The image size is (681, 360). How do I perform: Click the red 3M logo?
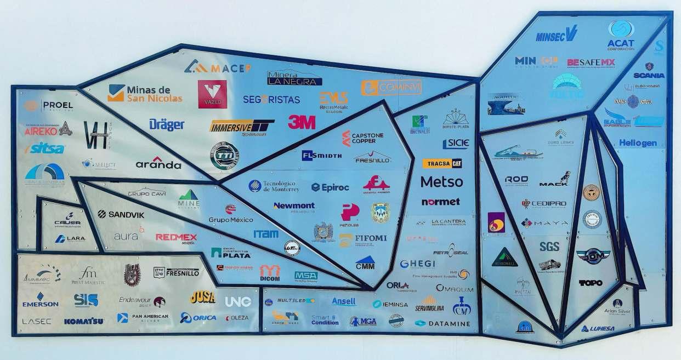(x=302, y=122)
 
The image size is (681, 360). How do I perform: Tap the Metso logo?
(x=441, y=181)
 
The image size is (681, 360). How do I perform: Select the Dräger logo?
(x=167, y=124)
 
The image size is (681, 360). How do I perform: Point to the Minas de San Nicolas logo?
(x=145, y=93)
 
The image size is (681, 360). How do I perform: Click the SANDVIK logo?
(x=121, y=214)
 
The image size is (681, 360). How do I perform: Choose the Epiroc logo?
(x=330, y=187)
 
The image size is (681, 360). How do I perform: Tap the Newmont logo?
(x=294, y=207)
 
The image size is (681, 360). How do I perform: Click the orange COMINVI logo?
(x=391, y=88)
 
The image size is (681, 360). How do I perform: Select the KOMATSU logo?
(x=83, y=321)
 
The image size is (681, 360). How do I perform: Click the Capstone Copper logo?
(x=362, y=138)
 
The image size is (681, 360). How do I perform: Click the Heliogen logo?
(x=638, y=142)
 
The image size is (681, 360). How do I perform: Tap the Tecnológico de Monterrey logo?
(x=274, y=186)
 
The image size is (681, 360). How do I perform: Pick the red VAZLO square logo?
(x=212, y=94)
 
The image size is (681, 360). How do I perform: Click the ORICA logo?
(x=198, y=318)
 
